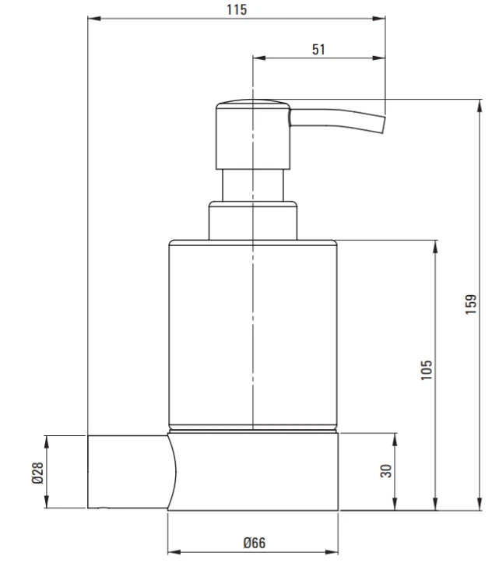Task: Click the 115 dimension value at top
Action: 237,9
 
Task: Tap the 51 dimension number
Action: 318,50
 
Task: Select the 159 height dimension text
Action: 471,304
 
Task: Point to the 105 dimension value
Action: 427,370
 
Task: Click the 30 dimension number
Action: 386,471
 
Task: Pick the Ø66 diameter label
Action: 255,543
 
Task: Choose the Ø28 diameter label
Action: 37,473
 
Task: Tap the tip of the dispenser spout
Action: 384,125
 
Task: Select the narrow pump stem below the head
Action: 253,185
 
